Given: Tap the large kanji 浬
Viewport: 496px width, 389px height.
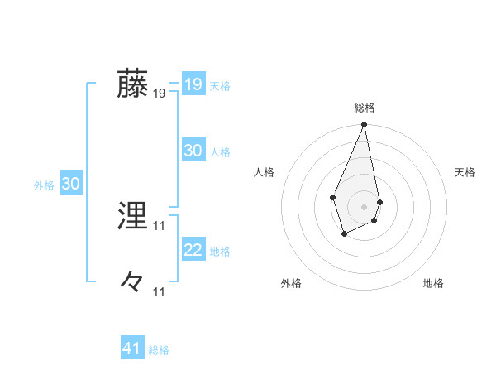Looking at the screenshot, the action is [x=133, y=217].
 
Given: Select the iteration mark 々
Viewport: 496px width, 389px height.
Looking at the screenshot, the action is [x=133, y=283].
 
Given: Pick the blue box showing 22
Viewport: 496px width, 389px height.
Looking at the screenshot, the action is [x=193, y=250].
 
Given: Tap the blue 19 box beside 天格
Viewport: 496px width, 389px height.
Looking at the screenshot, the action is [x=193, y=84].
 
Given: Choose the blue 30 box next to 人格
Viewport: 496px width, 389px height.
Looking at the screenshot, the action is [x=193, y=151].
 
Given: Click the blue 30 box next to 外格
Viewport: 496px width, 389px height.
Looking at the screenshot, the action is [x=71, y=184].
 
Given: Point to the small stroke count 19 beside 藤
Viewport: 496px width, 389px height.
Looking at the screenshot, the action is [x=160, y=94].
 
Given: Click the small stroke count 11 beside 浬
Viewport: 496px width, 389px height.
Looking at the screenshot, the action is [x=160, y=226].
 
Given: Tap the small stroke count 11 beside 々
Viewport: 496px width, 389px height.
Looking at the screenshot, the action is [x=160, y=292].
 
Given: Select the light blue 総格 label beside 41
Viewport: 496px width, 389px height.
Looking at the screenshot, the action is [x=159, y=350].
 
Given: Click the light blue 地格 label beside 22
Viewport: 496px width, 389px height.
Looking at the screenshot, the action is [x=220, y=252].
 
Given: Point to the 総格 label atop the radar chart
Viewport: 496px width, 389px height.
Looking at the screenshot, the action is [x=365, y=108].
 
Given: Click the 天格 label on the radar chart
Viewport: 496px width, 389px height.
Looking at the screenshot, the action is [x=465, y=172].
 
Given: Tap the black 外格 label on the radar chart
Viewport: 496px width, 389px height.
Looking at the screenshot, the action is [x=291, y=283].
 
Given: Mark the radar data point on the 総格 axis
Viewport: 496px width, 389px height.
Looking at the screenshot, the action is [x=365, y=125].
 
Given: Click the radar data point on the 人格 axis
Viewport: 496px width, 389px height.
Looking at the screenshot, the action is [x=332, y=197].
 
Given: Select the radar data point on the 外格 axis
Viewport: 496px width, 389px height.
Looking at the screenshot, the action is [x=345, y=234].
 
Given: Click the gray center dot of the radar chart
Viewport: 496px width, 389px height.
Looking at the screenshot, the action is [x=365, y=206].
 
